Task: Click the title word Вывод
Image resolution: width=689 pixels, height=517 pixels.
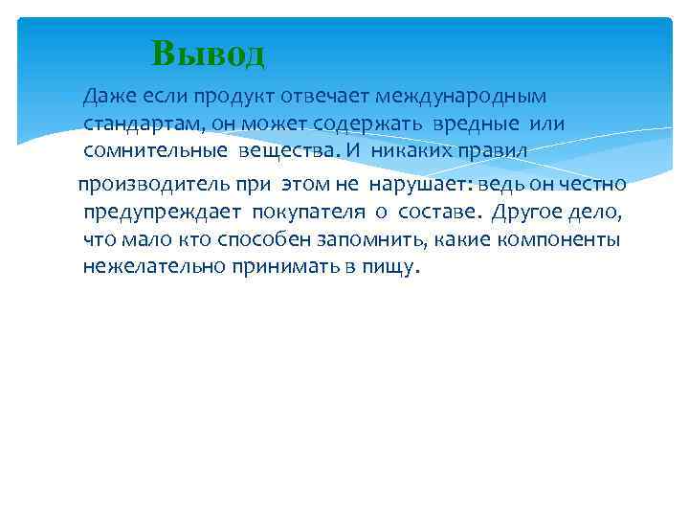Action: (x=208, y=54)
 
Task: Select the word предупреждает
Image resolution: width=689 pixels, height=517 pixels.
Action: (x=162, y=212)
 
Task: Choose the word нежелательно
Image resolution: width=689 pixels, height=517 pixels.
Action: (x=153, y=266)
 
